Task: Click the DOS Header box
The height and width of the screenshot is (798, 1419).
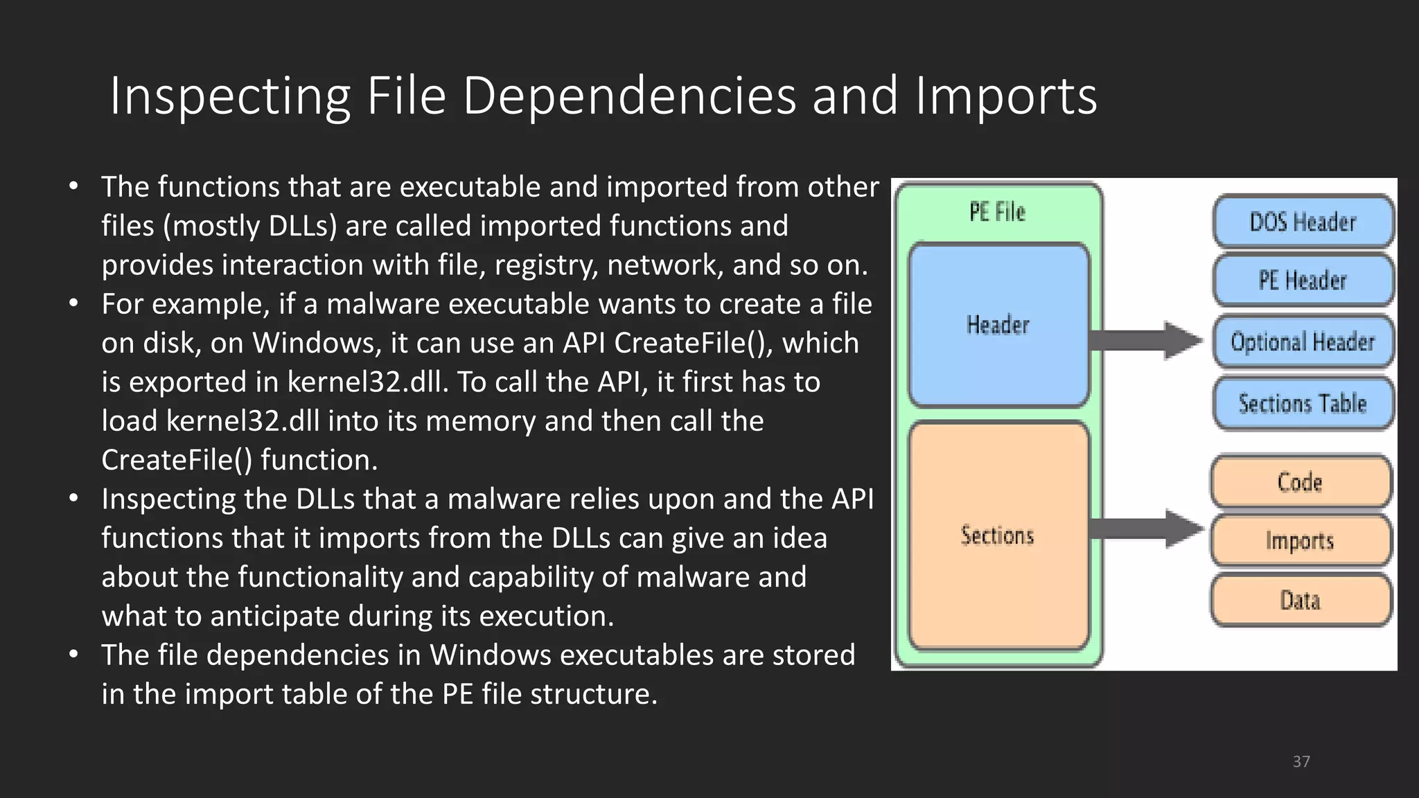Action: pyautogui.click(x=1303, y=222)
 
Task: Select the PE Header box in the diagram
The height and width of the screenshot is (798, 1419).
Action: pyautogui.click(x=1303, y=281)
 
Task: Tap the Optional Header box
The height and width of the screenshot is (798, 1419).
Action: pyautogui.click(x=1303, y=342)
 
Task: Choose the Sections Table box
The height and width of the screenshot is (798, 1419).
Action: pyautogui.click(x=1303, y=403)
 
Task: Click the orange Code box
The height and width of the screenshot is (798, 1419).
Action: pyautogui.click(x=1301, y=482)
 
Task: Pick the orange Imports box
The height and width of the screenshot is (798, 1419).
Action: pyautogui.click(x=1301, y=540)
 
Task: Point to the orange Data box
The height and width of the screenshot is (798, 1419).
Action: pyautogui.click(x=1301, y=600)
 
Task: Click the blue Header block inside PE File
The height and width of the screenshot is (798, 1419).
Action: pyautogui.click(x=998, y=324)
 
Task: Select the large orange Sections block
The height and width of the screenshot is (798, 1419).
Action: pyautogui.click(x=998, y=535)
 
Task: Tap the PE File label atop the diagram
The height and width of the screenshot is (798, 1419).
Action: pyautogui.click(x=997, y=212)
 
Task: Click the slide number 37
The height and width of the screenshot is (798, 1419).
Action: pyautogui.click(x=1301, y=762)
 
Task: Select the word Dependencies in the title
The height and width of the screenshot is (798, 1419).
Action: pyautogui.click(x=629, y=96)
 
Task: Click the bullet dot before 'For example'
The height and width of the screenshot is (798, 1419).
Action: pyautogui.click(x=73, y=303)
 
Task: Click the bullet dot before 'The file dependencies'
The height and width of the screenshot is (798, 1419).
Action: pyautogui.click(x=73, y=655)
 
